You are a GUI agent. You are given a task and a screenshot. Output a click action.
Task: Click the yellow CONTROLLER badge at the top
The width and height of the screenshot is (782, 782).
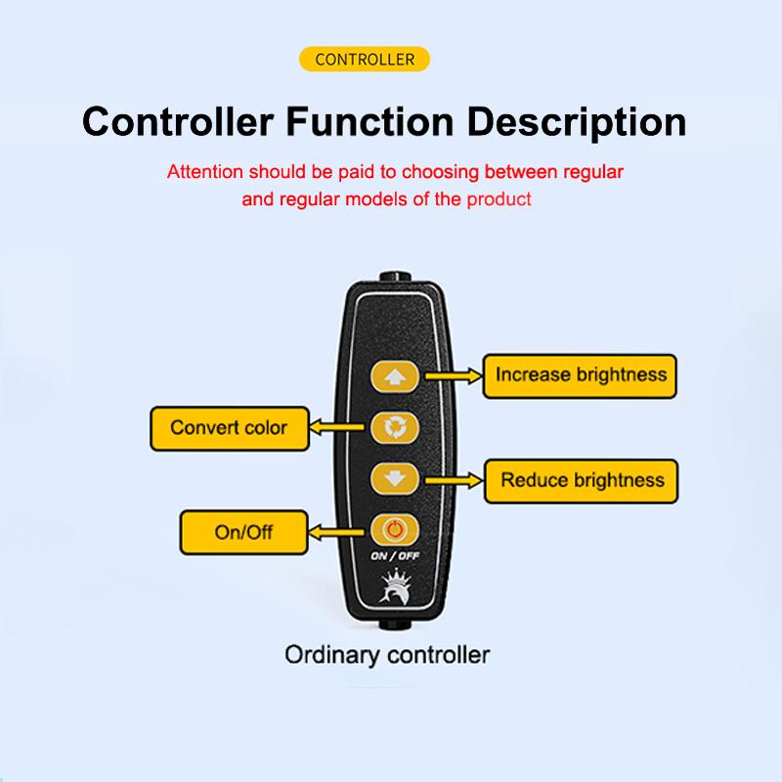(364, 59)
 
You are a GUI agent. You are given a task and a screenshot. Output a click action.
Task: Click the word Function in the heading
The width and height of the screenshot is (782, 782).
(369, 121)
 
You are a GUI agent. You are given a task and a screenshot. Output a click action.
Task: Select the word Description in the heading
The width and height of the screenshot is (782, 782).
(577, 123)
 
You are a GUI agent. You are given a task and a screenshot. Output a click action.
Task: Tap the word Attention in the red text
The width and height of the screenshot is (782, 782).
(205, 172)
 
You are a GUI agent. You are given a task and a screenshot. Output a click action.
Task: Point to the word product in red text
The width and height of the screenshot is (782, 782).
(499, 199)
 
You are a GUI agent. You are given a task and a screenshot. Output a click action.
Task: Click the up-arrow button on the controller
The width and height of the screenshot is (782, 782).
(395, 376)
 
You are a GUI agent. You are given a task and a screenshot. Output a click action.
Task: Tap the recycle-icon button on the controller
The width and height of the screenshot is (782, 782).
(395, 427)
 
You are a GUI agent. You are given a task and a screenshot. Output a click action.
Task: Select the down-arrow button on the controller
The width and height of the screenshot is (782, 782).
(395, 479)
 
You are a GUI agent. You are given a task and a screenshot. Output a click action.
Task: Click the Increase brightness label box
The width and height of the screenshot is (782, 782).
(580, 376)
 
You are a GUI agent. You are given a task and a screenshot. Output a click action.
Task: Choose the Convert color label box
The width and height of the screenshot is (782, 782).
(230, 428)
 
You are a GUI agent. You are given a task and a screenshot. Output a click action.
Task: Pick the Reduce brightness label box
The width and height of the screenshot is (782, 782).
(582, 481)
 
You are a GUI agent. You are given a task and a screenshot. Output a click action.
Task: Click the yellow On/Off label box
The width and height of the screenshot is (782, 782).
(243, 532)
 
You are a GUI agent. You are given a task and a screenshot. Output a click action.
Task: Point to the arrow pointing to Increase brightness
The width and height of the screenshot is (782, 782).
(454, 376)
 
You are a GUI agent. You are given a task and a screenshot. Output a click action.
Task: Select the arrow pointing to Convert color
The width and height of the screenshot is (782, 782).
(337, 427)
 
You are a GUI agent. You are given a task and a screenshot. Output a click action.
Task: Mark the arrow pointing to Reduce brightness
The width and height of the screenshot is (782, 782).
(455, 481)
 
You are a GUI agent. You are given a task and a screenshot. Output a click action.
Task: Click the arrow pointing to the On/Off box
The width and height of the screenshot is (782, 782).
(336, 532)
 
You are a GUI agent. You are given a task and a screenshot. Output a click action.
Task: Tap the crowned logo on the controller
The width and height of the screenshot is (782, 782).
(395, 587)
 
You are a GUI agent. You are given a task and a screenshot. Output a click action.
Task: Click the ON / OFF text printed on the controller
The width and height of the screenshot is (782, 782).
(395, 555)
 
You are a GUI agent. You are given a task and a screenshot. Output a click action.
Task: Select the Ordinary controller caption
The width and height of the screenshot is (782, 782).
(387, 655)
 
